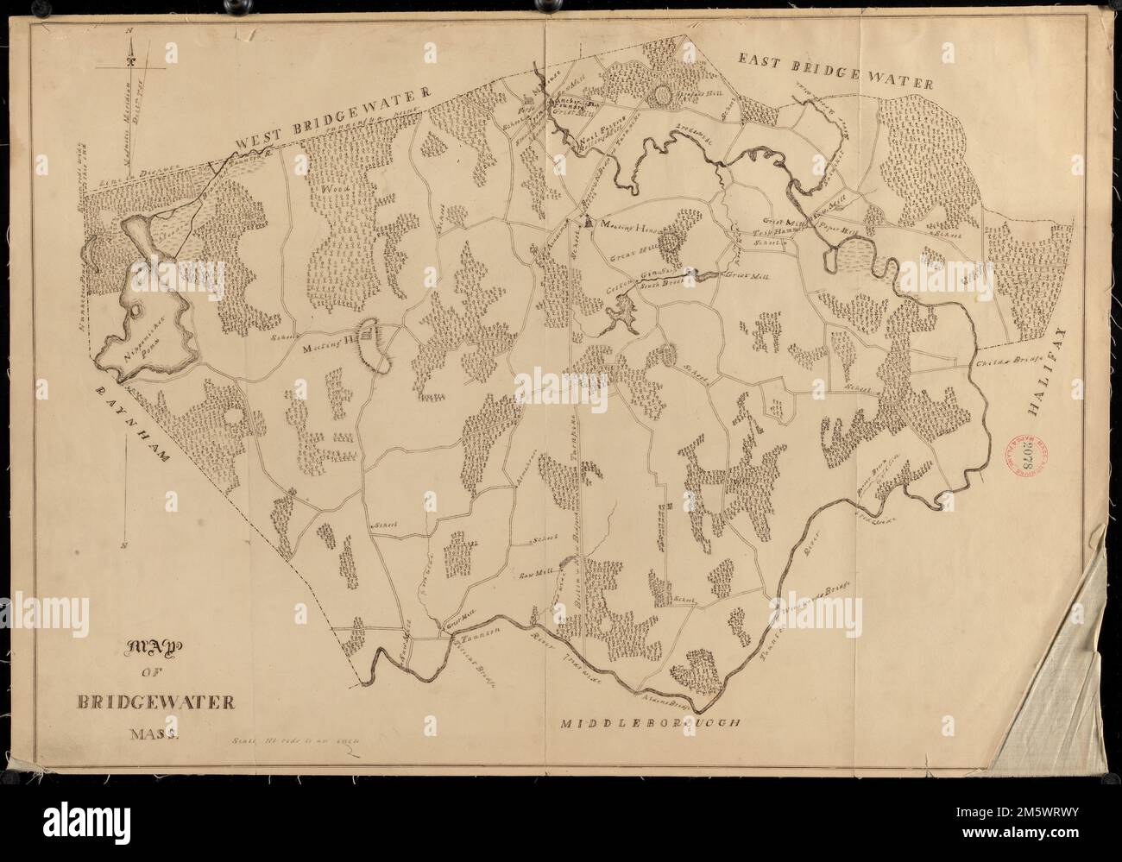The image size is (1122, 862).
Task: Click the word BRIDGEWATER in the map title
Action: (161, 702)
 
